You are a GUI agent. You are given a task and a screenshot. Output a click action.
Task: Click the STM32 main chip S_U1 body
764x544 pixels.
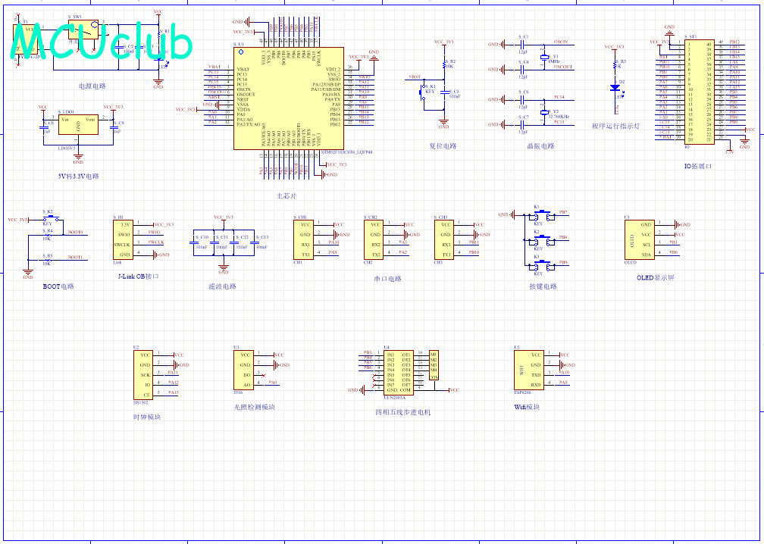[288, 98]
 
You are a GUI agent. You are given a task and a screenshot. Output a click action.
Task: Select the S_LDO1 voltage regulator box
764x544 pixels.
[78, 126]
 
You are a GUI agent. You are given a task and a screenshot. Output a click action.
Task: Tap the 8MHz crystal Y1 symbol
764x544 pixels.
[543, 57]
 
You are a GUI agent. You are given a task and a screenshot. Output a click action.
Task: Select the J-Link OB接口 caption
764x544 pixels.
[139, 277]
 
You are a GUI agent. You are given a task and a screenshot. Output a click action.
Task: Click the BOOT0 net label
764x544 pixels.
[75, 232]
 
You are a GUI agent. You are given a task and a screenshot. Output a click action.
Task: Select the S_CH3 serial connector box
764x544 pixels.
[446, 239]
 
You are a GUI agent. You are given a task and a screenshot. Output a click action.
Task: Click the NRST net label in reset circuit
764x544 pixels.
[415, 77]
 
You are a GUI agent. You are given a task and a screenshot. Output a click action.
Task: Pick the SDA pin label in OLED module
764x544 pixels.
[646, 255]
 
